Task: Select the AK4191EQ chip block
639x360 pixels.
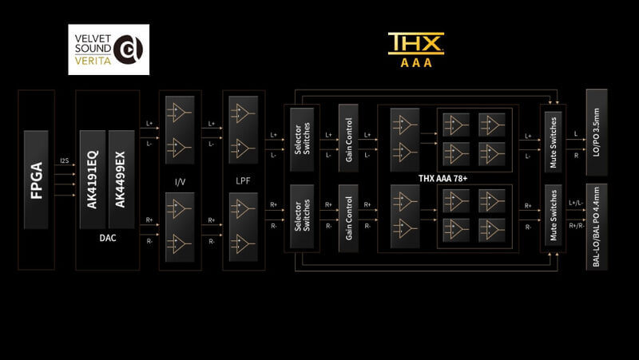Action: point(92,180)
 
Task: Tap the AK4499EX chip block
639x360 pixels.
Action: point(121,180)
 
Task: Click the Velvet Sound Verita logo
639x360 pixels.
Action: point(109,49)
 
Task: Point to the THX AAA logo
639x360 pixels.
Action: point(415,49)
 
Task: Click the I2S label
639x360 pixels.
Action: point(64,162)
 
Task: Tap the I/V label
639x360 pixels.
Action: point(180,183)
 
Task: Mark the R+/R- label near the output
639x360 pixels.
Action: point(574,226)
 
